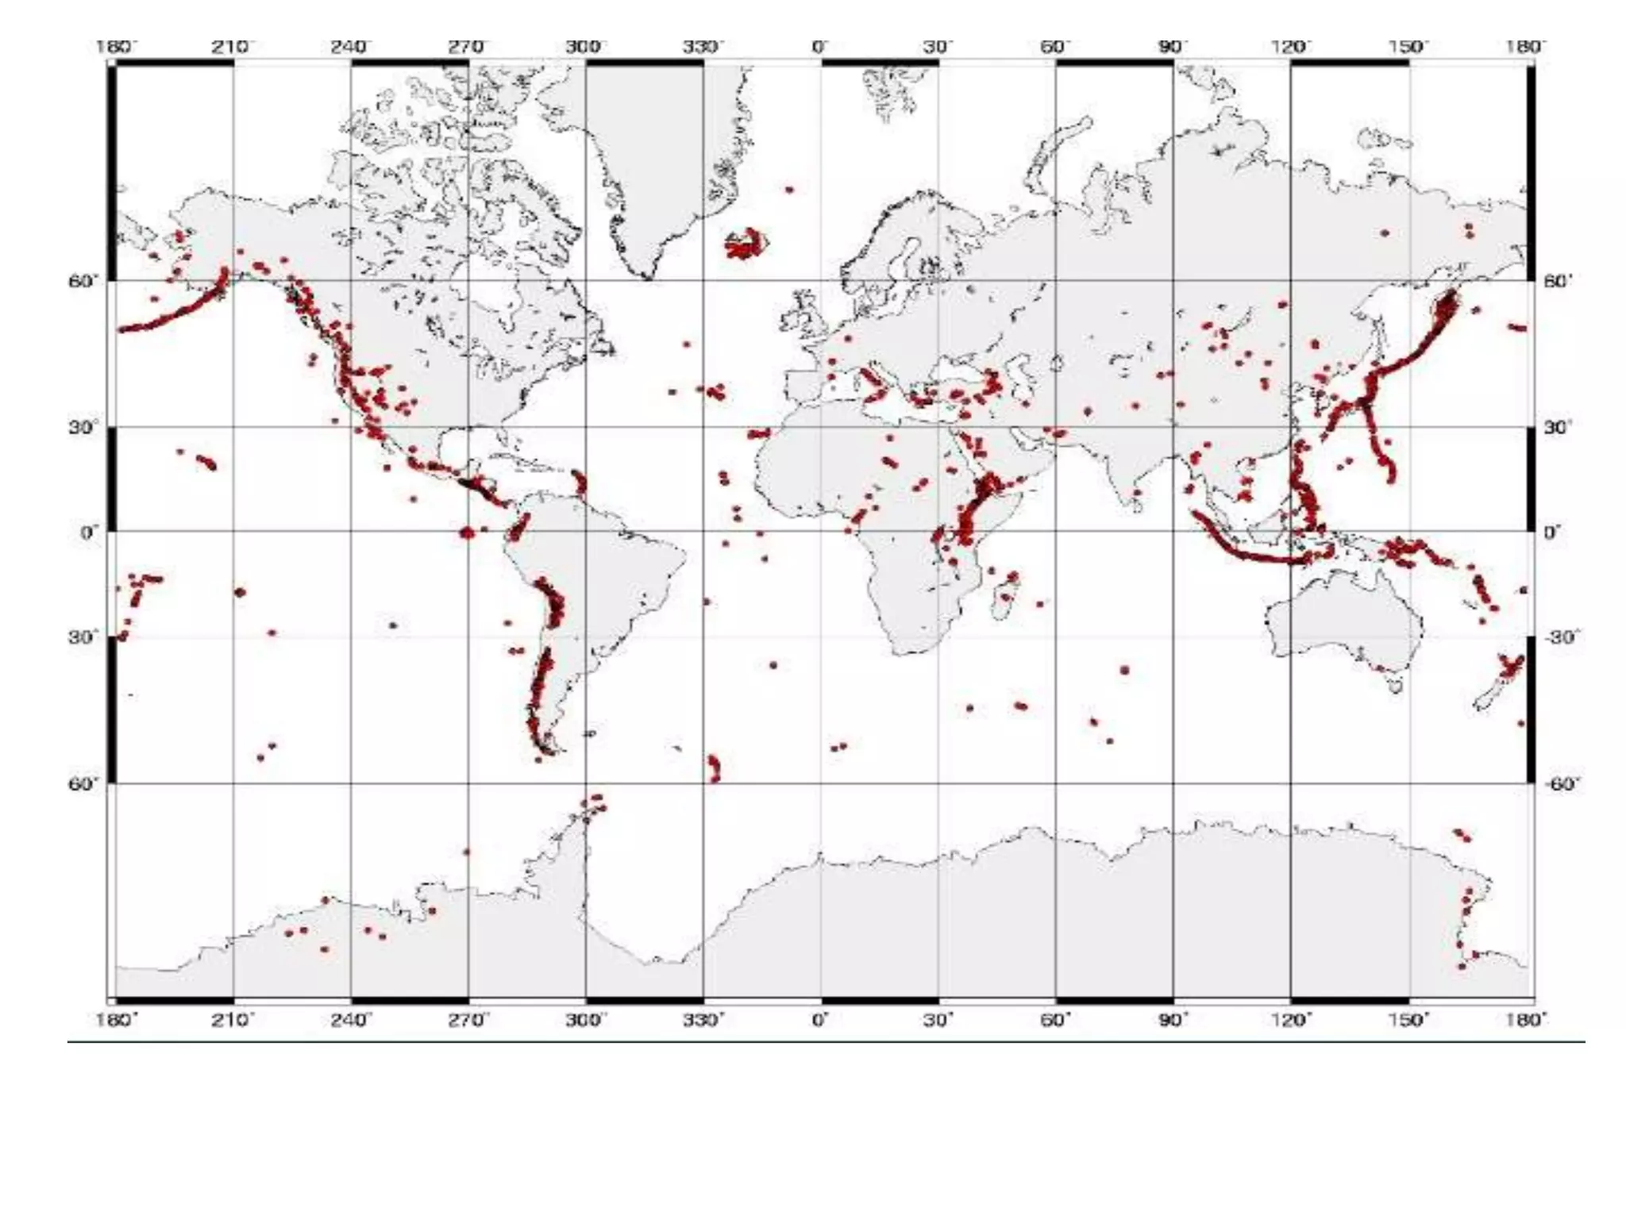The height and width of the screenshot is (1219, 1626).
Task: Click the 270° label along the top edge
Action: pyautogui.click(x=466, y=47)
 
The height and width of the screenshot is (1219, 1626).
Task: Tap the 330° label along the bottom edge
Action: pyautogui.click(x=703, y=1019)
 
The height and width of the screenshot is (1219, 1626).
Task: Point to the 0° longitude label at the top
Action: pyautogui.click(x=820, y=47)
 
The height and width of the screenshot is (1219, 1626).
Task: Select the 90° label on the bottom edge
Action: pyautogui.click(x=1173, y=1019)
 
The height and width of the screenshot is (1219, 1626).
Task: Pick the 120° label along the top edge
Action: pyautogui.click(x=1290, y=47)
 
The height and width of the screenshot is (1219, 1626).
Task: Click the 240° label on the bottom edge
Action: pyautogui.click(x=350, y=1019)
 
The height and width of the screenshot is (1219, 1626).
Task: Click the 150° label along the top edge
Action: pyautogui.click(x=1408, y=47)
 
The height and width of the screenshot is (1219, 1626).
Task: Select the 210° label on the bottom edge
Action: pyautogui.click(x=233, y=1019)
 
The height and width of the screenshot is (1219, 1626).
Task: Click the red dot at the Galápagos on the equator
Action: pyautogui.click(x=467, y=533)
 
